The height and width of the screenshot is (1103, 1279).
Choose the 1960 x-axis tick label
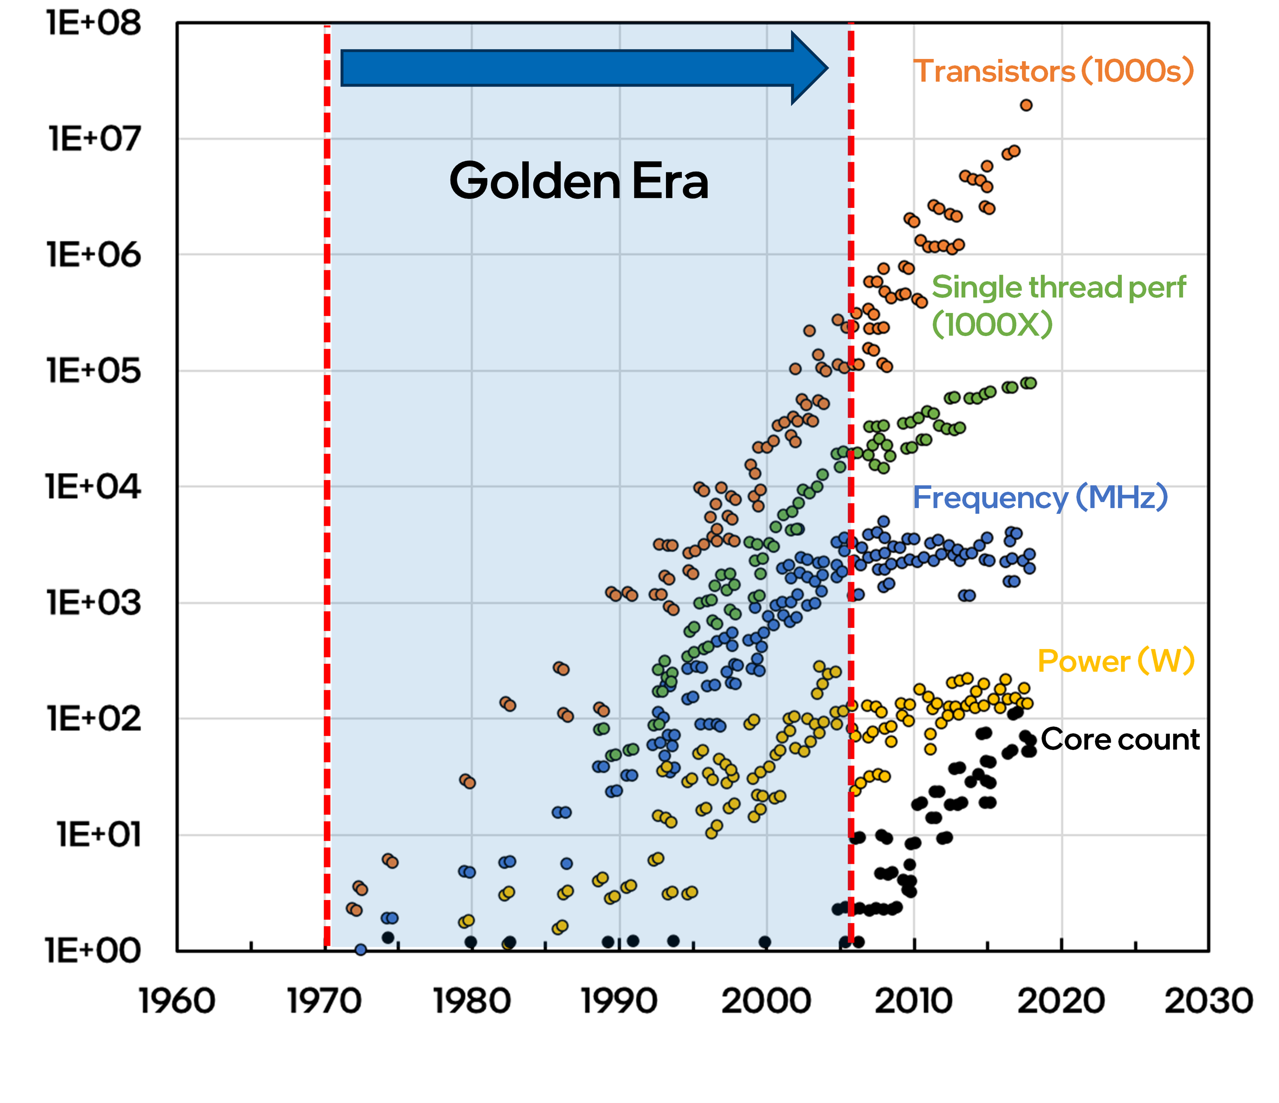tap(177, 1001)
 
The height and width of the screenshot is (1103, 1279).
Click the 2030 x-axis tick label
tap(1208, 1001)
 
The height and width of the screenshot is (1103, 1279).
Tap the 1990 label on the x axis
tap(620, 1001)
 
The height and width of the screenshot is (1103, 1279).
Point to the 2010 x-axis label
tap(914, 1001)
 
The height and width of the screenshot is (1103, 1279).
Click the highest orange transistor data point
tap(1026, 105)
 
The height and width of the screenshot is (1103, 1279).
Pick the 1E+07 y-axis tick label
tap(94, 139)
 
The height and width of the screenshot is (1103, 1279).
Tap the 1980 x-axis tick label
tap(472, 1001)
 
